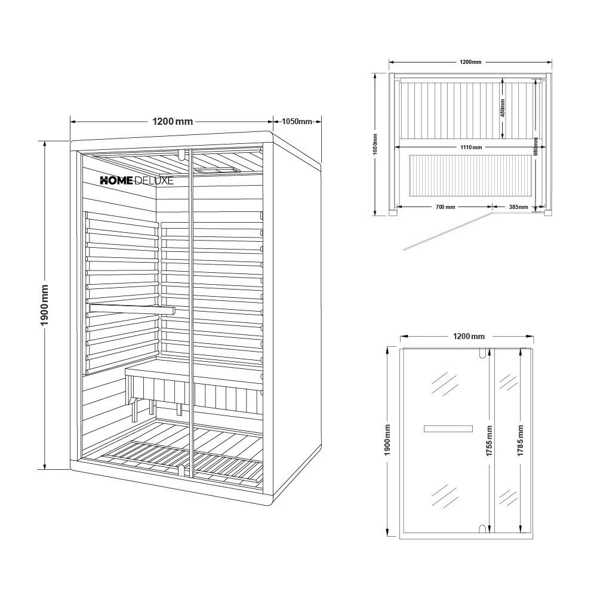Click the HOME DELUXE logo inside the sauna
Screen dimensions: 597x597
click(x=136, y=180)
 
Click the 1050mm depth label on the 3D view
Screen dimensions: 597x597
click(x=297, y=121)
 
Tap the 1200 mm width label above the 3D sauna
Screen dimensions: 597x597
click(x=173, y=121)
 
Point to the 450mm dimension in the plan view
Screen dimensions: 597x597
click(x=503, y=108)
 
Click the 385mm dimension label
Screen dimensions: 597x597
click(x=517, y=207)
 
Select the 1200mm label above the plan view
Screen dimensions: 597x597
click(x=470, y=62)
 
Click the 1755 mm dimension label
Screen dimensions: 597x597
click(x=490, y=441)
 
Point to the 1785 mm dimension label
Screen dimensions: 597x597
click(x=521, y=441)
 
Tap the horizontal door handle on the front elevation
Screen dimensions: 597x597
click(x=448, y=428)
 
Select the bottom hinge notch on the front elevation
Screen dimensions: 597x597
click(x=481, y=528)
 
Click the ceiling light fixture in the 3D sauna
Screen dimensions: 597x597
click(x=216, y=171)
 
